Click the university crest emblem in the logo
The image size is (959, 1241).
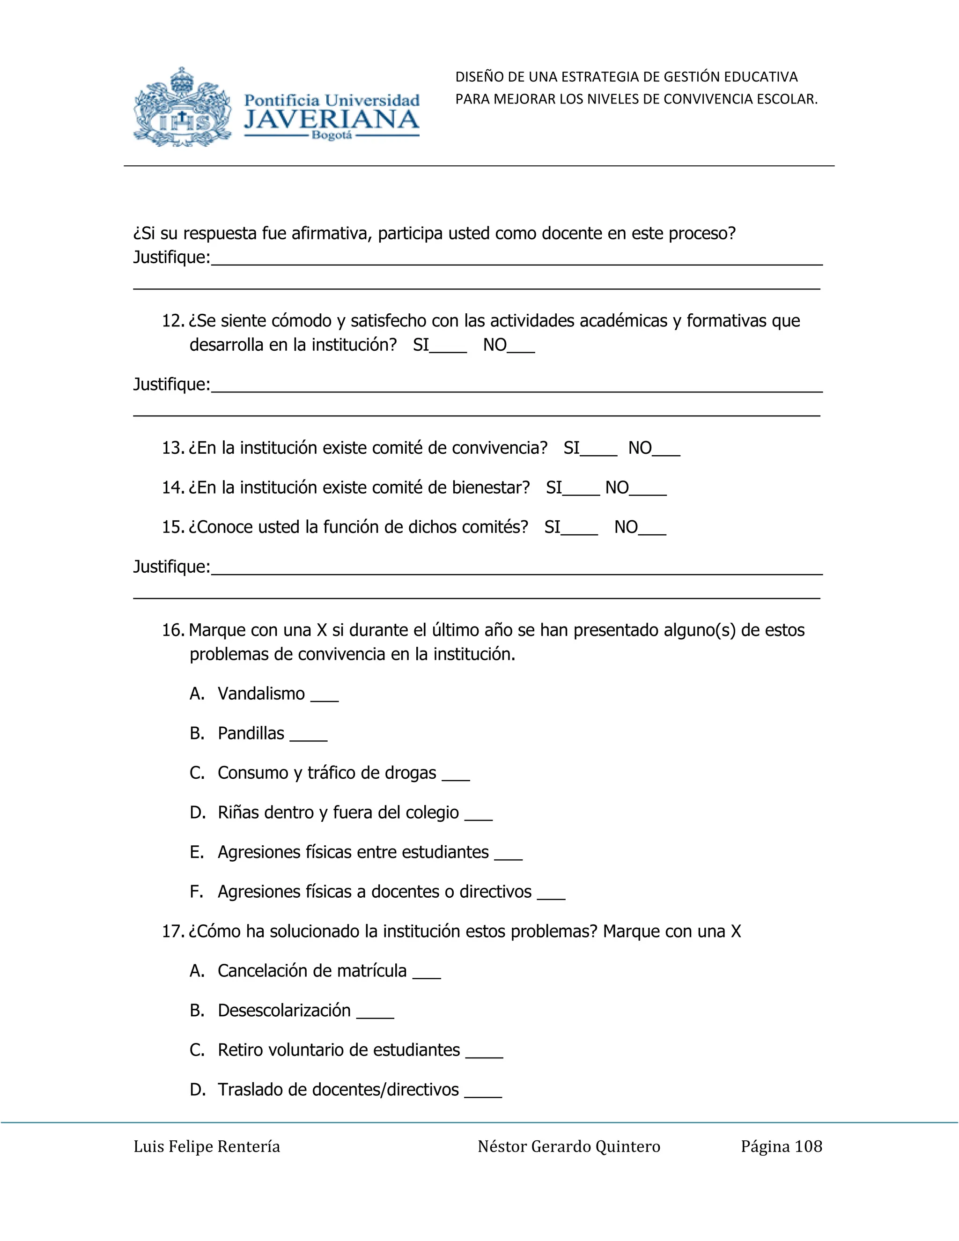pos(182,108)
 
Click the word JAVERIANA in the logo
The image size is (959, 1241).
pos(331,120)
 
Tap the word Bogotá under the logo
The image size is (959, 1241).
pos(331,136)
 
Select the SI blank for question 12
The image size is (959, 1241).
pos(448,347)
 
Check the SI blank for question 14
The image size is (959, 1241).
pos(581,489)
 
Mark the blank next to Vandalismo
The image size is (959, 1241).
pos(325,695)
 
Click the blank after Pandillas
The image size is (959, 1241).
pos(309,735)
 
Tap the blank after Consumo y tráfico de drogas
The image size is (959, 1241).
pos(456,775)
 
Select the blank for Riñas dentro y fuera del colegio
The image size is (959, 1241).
pos(479,814)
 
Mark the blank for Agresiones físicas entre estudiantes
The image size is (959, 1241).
pos(509,854)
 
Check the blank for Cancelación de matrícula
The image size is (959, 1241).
pos(427,973)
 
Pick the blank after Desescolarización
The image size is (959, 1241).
pos(375,1012)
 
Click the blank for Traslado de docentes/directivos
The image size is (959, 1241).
pos(483,1092)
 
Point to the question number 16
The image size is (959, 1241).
pos(173,630)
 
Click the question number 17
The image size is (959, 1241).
pos(173,931)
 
